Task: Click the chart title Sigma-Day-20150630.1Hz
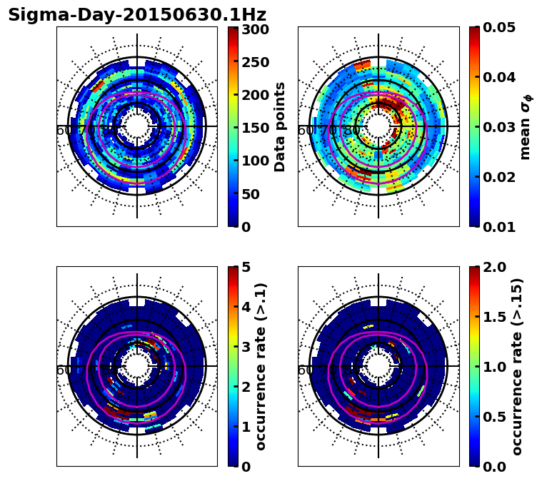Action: [x=137, y=15]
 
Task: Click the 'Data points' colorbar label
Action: [x=280, y=127]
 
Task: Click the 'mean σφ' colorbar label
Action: [x=526, y=127]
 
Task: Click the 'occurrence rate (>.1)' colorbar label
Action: [x=261, y=367]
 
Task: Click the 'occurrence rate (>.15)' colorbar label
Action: [x=517, y=367]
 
